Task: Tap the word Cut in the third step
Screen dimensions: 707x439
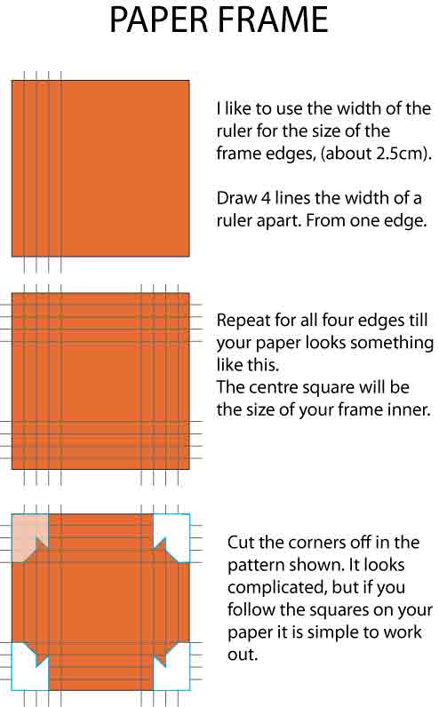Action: [243, 542]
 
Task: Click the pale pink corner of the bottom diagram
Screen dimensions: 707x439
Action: [28, 536]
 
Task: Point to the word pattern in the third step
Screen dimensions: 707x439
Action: [255, 565]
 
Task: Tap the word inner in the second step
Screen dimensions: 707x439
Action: [411, 410]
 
